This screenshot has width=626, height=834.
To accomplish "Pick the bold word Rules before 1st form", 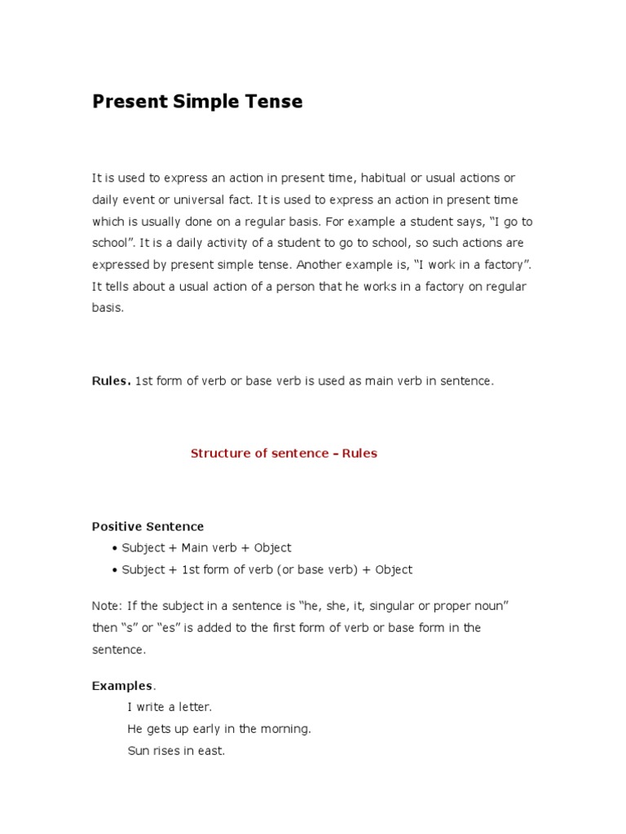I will pos(110,381).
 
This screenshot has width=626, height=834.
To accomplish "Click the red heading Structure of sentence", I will pos(284,454).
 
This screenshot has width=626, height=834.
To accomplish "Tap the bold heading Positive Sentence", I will pos(148,527).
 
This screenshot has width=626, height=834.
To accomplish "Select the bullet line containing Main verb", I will pos(205,548).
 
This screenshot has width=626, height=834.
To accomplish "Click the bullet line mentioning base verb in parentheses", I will pos(267,570).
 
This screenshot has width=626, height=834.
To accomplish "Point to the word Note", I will pos(105,607).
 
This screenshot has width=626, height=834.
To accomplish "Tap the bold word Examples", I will pos(121,687).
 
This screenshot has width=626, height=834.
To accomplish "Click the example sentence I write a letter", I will pos(170,707).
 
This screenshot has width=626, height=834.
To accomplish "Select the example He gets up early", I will pos(219,729).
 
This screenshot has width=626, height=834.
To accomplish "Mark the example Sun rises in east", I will pos(176,751).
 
